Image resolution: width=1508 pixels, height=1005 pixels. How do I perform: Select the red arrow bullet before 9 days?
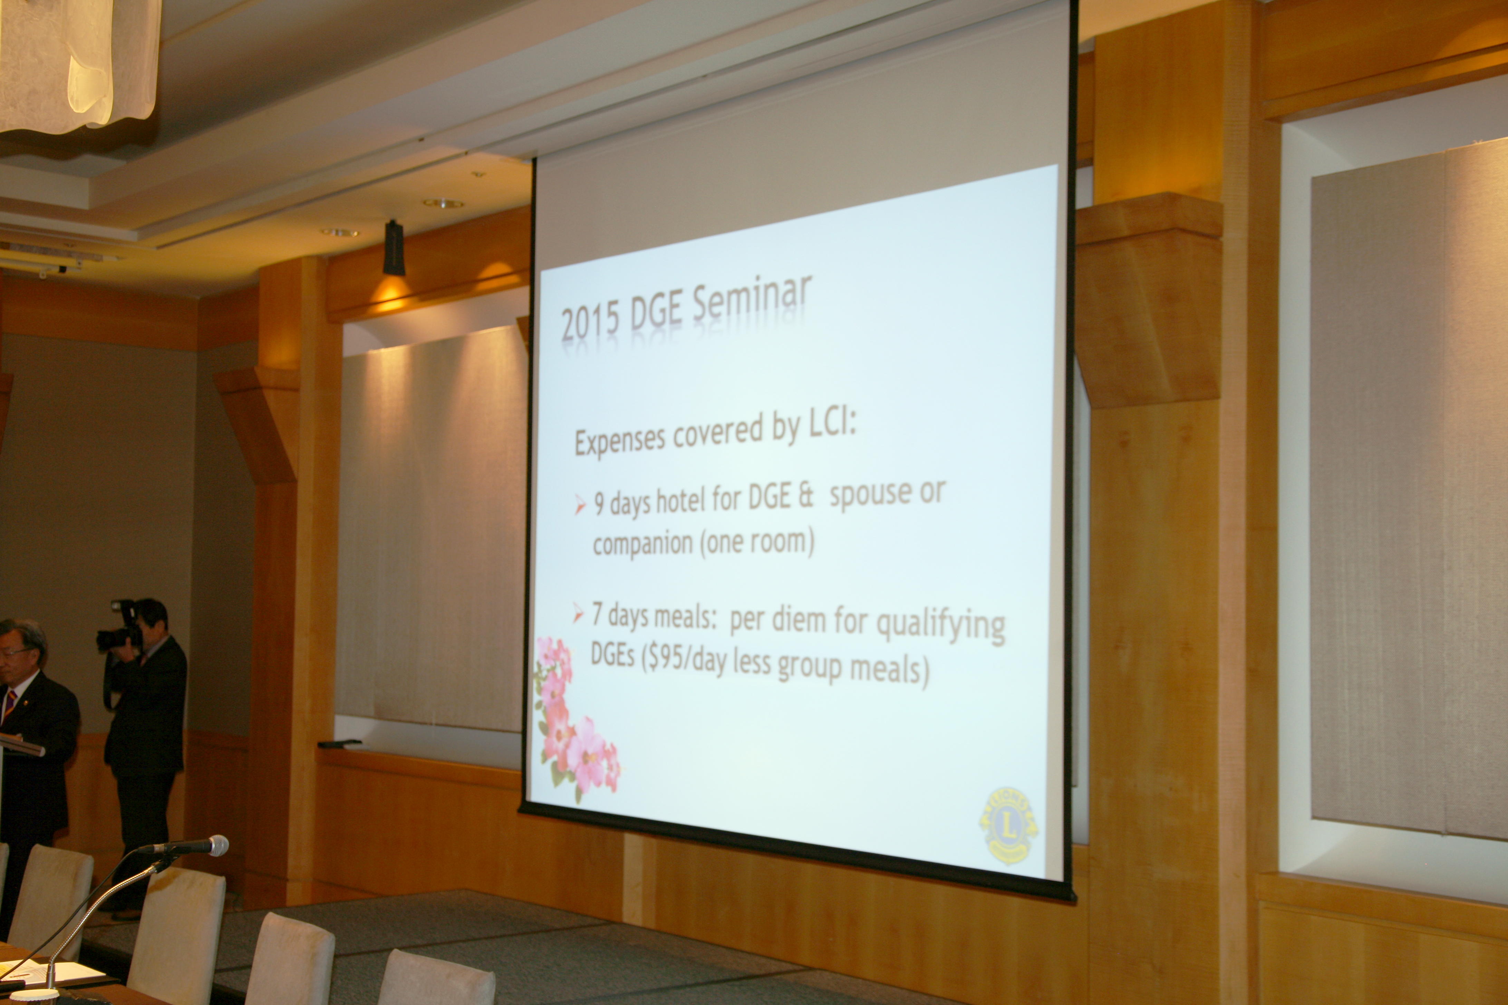point(580,505)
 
